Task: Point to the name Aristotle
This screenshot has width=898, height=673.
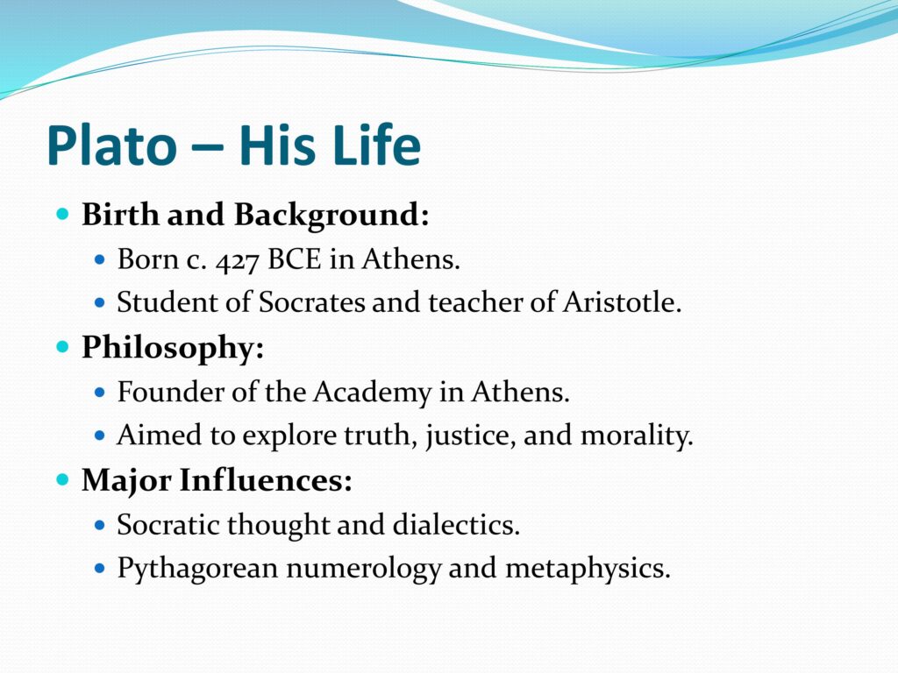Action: pyautogui.click(x=622, y=301)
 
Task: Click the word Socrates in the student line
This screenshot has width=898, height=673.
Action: pyautogui.click(x=311, y=301)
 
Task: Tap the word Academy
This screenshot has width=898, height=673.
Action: pyautogui.click(x=372, y=393)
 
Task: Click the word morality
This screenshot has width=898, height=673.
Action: pyautogui.click(x=637, y=436)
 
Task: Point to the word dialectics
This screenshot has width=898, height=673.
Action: pyautogui.click(x=456, y=524)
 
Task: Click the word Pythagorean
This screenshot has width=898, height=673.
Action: pyautogui.click(x=197, y=569)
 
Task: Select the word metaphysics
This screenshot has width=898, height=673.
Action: pyautogui.click(x=588, y=569)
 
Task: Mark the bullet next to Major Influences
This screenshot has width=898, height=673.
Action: pyautogui.click(x=63, y=479)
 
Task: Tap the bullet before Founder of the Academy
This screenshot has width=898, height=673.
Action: pyautogui.click(x=100, y=393)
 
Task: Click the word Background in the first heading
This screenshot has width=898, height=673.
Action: pyautogui.click(x=331, y=216)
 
